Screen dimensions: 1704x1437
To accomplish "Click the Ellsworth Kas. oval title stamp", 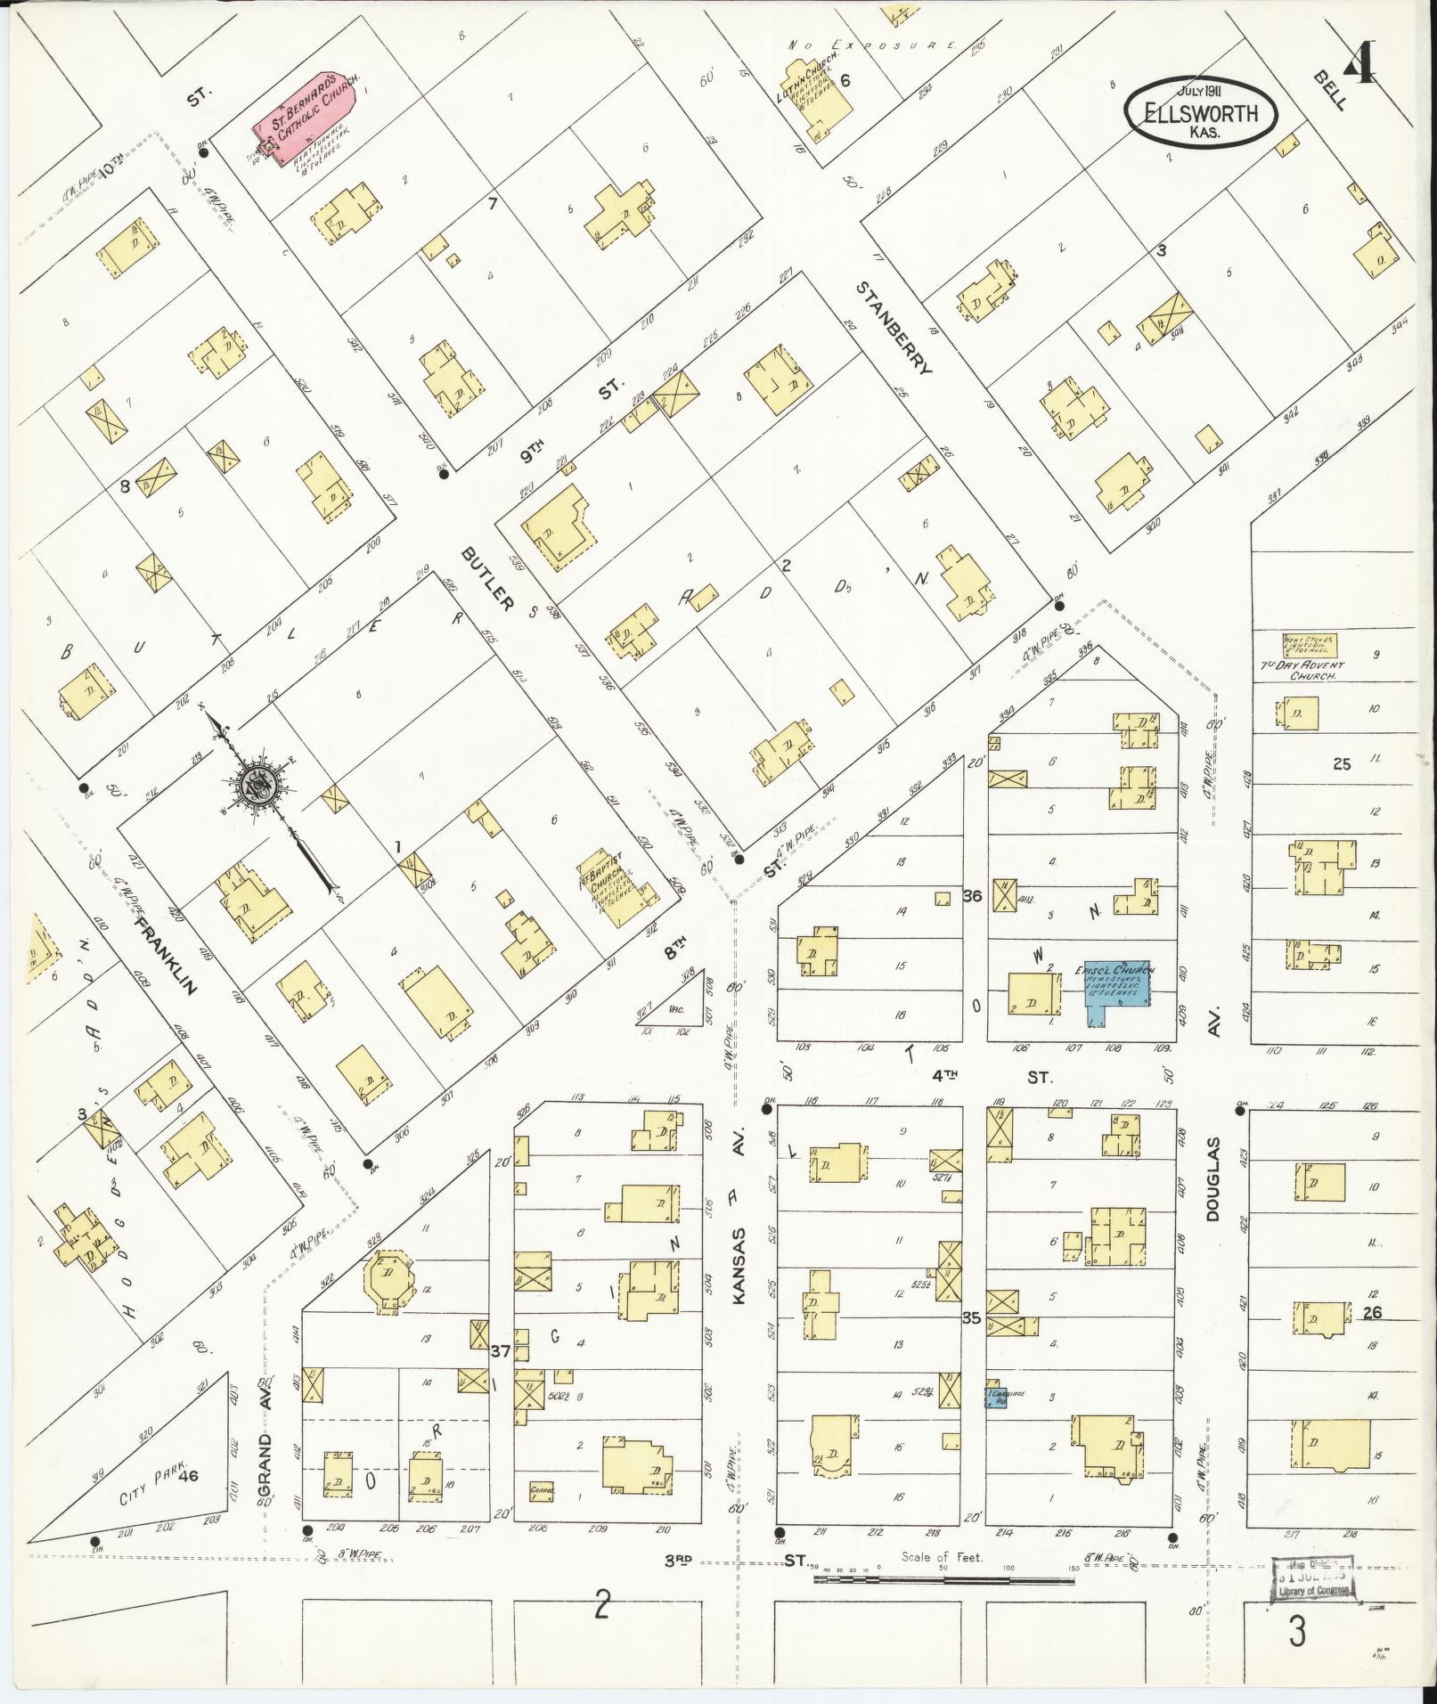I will point(1202,113).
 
